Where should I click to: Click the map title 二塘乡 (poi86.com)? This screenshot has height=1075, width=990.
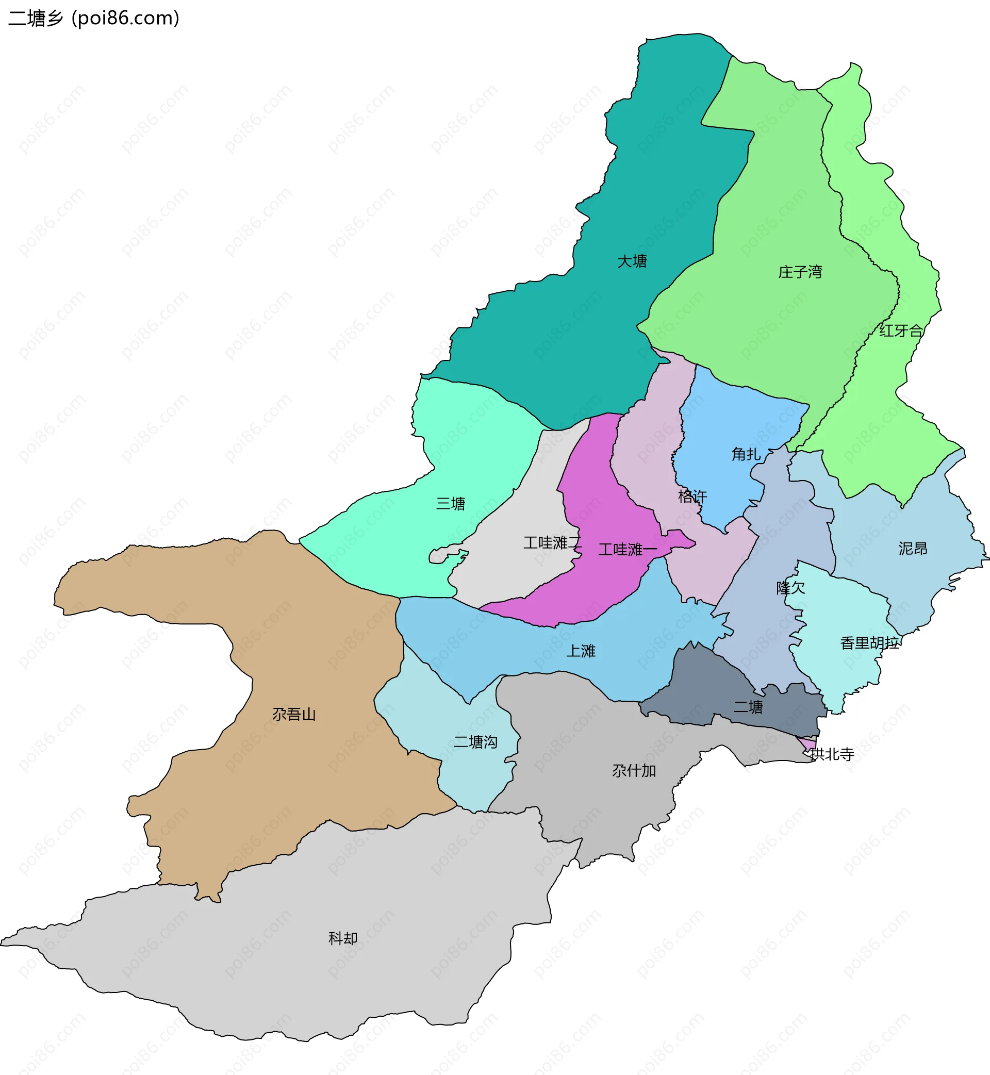pos(94,18)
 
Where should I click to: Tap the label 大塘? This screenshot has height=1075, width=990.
pos(632,261)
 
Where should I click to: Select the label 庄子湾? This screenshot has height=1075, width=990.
pos(800,272)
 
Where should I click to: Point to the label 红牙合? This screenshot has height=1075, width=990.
pos(901,331)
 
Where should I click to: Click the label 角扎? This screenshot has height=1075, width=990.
pos(746,454)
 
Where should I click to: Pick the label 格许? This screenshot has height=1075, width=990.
pos(692,497)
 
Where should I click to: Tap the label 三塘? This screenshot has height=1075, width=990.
pos(451,504)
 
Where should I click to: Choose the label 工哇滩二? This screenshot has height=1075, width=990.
pos(552,542)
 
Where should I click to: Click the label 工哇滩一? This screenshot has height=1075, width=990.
pos(628,550)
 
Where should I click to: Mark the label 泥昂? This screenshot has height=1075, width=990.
pos(913,549)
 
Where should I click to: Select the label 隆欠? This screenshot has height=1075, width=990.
pos(791,588)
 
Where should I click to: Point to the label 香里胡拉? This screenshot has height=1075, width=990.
pos(869,643)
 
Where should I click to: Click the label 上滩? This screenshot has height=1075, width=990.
pos(581,651)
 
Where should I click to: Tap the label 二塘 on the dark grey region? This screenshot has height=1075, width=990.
pos(748,707)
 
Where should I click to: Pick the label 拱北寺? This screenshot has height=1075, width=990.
pos(832,755)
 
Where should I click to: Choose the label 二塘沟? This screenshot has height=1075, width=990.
pos(476,742)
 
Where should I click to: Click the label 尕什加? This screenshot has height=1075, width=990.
pos(634,771)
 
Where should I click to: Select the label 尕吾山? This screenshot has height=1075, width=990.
pos(294,715)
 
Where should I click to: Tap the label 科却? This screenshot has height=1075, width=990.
pos(343,938)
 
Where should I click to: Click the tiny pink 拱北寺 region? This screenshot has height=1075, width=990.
pos(809,744)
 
